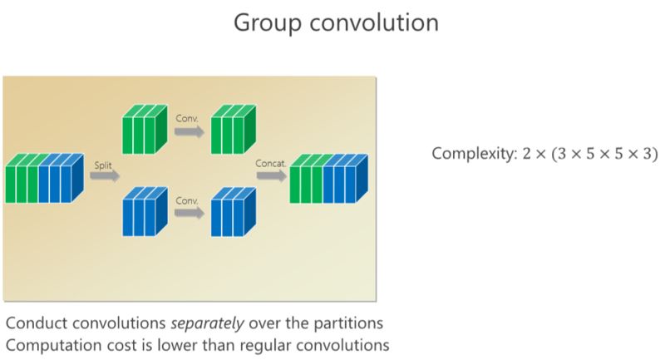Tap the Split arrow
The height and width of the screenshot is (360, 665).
tap(105, 175)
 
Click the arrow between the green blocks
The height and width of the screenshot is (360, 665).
tap(189, 128)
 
